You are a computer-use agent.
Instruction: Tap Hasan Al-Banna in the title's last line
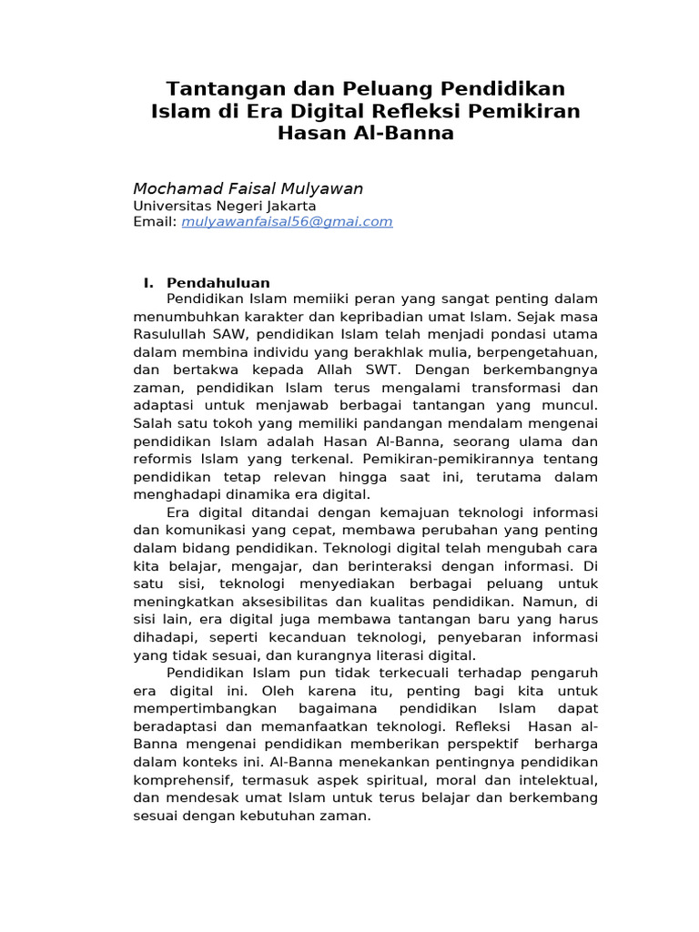point(365,134)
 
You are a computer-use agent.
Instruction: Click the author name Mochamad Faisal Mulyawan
point(248,188)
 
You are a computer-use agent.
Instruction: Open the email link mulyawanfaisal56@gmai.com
point(287,221)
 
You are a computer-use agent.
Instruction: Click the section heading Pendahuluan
point(218,283)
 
